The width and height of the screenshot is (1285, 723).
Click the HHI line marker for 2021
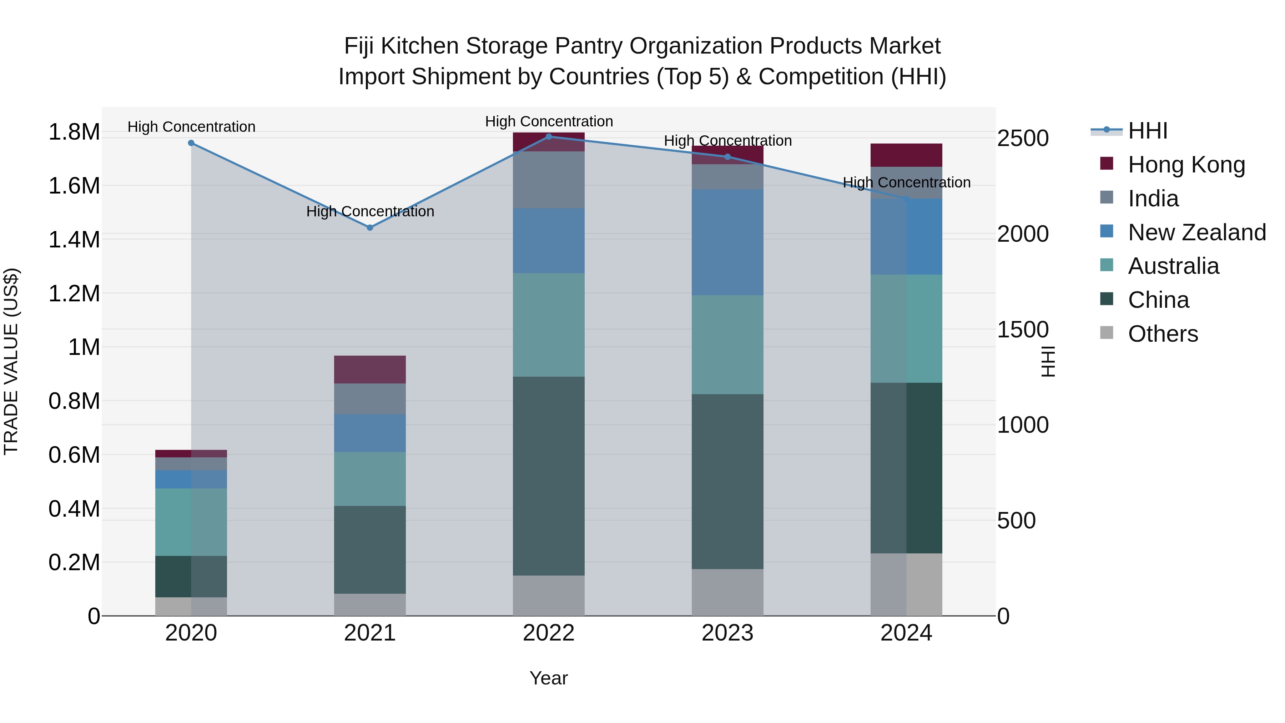point(370,227)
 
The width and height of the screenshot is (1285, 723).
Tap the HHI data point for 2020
point(191,143)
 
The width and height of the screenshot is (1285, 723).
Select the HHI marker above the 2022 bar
point(549,136)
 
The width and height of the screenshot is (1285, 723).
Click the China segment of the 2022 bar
point(549,476)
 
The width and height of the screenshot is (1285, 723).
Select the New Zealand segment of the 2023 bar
point(727,242)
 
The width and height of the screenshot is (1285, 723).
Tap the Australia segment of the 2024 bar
point(906,328)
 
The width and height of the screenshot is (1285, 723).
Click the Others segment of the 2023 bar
point(727,592)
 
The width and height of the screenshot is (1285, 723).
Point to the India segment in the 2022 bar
point(549,180)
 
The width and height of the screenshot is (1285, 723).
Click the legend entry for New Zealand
point(1197,232)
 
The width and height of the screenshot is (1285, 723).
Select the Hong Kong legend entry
point(1186,165)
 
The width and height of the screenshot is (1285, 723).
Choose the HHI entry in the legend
point(1147,131)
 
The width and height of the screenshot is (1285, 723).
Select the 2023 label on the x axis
point(727,633)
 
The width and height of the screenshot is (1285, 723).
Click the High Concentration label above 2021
point(370,212)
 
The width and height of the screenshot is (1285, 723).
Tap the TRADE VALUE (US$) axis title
point(11,361)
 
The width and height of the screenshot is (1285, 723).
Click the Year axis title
point(548,678)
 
